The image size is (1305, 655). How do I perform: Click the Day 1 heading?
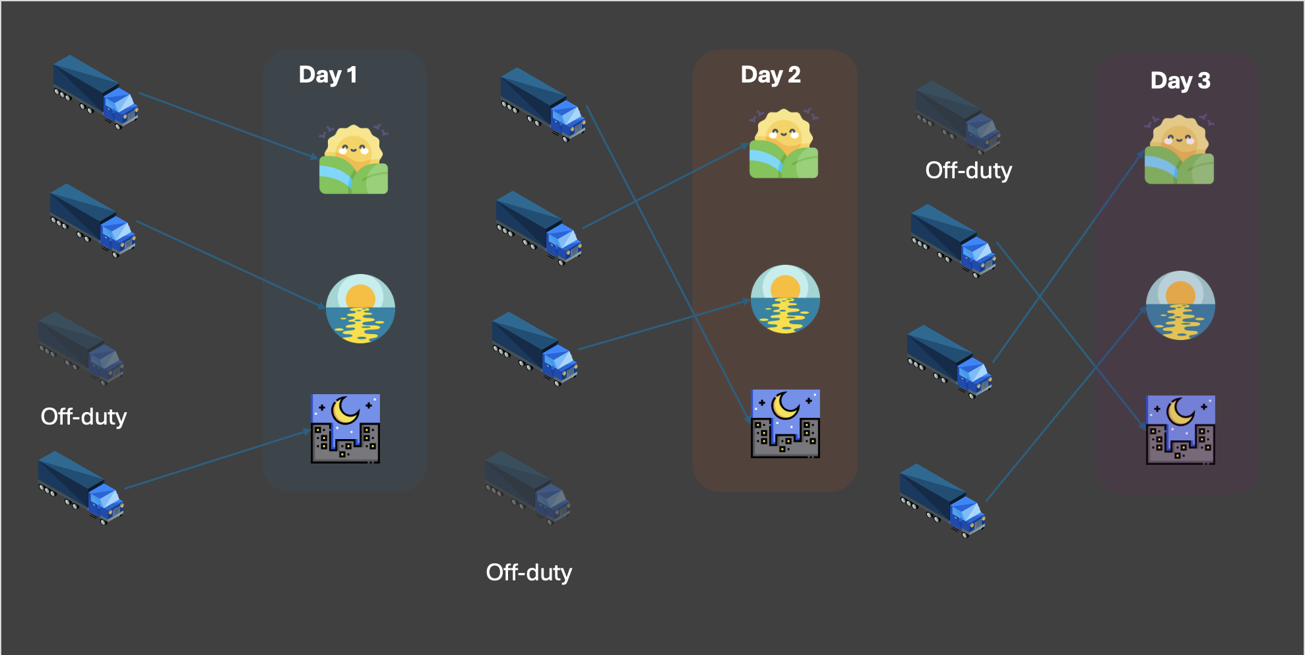(x=328, y=75)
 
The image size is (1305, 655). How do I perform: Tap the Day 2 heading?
(x=771, y=75)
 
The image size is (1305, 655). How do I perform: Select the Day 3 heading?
(x=1180, y=81)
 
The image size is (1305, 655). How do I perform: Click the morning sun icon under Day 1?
(x=354, y=160)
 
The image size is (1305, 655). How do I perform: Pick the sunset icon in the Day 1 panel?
(x=360, y=308)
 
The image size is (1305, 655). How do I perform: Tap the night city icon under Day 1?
(x=346, y=429)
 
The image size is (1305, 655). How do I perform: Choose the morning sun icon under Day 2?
(x=784, y=145)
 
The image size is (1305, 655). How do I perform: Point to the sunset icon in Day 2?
(x=785, y=299)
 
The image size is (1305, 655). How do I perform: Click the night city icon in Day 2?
(x=785, y=423)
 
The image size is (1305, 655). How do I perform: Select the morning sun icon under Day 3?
(x=1179, y=151)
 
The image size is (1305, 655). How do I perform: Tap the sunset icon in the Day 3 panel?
(x=1180, y=305)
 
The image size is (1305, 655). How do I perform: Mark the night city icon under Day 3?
(x=1180, y=430)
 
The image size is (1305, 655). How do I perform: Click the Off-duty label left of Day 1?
(x=84, y=417)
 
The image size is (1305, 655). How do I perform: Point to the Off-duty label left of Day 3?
(x=969, y=170)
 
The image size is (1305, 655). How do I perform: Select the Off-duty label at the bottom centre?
(x=529, y=572)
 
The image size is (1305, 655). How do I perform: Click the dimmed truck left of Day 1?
(x=81, y=349)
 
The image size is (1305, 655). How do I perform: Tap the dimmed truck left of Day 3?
(x=958, y=118)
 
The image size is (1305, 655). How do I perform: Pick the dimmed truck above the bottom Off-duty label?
(x=528, y=488)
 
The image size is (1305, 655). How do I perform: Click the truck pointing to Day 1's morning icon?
(x=96, y=92)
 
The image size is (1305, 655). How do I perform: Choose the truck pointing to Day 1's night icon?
(x=81, y=488)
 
